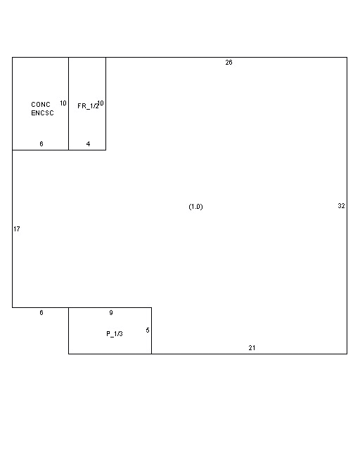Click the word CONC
pos(41,105)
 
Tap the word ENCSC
pos(42,112)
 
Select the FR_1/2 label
pos(87,105)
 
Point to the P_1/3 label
pos(115,333)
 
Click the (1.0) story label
pos(195,207)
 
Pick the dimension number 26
pos(229,63)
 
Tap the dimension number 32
pos(341,206)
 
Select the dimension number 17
pos(17,229)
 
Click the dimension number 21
pos(252,348)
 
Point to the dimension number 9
pos(110,313)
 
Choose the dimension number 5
pos(148,330)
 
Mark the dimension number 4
pos(88,144)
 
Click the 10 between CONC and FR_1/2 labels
pos(63,103)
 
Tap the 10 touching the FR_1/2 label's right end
pos(101,103)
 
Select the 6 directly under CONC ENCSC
pos(41,144)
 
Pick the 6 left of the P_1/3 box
pos(41,313)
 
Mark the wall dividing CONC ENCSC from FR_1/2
pos(68,127)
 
